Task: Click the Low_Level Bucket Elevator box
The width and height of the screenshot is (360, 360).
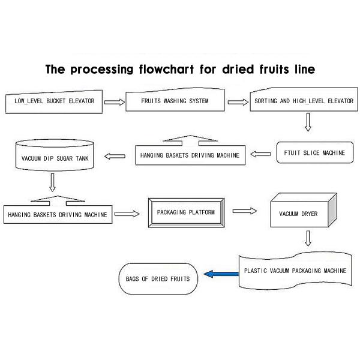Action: pos(55,102)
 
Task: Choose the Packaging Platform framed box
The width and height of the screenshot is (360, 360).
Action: pos(185,212)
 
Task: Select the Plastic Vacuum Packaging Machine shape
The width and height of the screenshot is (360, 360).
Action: pos(294,270)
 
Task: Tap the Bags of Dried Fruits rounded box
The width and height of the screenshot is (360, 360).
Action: pos(158,279)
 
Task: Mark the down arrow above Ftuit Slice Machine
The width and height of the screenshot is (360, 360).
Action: pos(308,122)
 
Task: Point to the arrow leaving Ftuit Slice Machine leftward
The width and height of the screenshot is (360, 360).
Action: pos(261,154)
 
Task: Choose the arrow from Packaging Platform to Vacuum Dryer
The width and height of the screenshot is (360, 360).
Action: pos(244,211)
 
